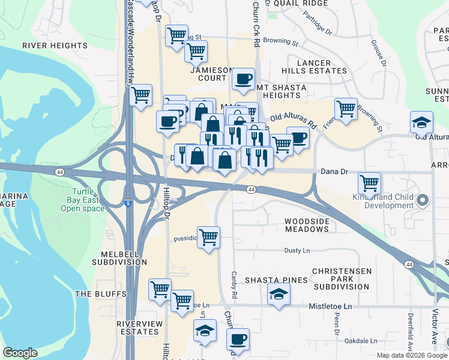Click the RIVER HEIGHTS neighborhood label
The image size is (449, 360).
[x=55, y=46]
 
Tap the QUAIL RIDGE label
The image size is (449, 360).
[x=301, y=3]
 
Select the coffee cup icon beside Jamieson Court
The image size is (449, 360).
[x=243, y=79]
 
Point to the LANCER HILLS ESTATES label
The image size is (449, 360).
[x=318, y=67]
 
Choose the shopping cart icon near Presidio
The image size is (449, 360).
[x=208, y=237]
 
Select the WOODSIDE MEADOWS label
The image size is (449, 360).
[x=307, y=226]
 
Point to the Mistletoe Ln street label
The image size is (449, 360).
[x=330, y=306]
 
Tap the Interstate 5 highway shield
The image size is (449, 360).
[x=129, y=204]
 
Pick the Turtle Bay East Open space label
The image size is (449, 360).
[x=82, y=200]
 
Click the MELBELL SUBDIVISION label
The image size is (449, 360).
[x=119, y=258]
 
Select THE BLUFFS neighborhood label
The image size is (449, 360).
[x=101, y=294]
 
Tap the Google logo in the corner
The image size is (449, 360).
[x=20, y=353]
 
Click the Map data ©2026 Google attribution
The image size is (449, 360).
[x=412, y=355]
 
